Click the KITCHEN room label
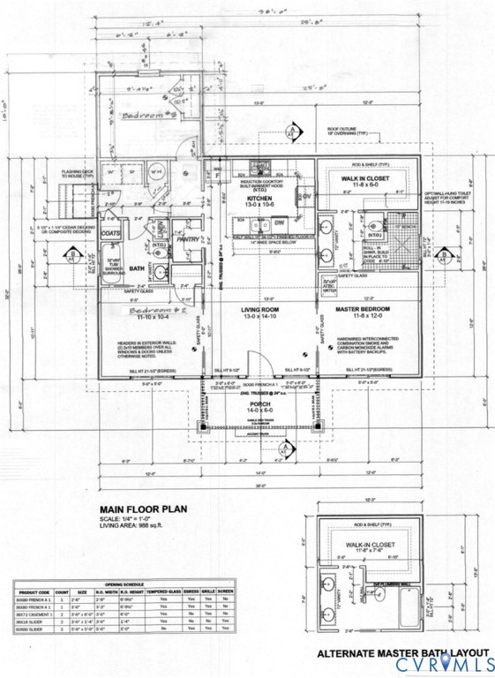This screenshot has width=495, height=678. point(259,200)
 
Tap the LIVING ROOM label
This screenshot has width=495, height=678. point(259,310)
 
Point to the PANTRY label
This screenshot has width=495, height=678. point(189,238)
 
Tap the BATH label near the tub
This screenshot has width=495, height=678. point(136,268)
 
